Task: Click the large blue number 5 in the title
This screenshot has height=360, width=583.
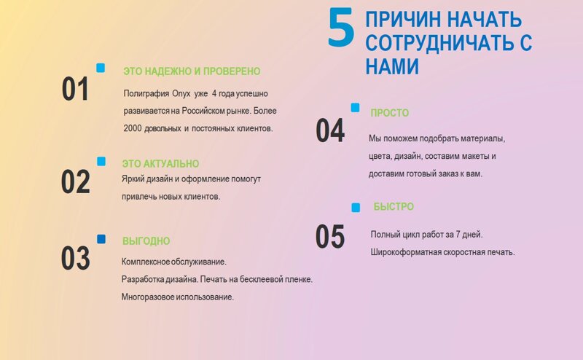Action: point(340,28)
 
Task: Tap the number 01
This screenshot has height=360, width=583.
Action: point(75,88)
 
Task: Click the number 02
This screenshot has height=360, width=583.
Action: point(76,181)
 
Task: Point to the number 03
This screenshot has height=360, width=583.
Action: point(76,258)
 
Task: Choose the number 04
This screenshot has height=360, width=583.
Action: point(330,130)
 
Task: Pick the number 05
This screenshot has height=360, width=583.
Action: point(330,237)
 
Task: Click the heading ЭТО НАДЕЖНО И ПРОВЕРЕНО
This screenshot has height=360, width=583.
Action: point(192,71)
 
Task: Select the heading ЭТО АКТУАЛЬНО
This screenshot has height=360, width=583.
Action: point(160,164)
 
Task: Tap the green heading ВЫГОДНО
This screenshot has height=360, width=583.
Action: point(146,241)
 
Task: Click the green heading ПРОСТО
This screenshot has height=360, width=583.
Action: point(390,113)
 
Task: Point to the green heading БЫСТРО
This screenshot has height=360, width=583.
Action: point(394,206)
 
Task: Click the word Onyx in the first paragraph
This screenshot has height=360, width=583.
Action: point(181,94)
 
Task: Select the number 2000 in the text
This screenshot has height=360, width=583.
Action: point(133,128)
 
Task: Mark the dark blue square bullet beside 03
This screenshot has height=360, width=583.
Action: point(101,239)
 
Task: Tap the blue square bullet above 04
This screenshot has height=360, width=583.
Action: point(356,107)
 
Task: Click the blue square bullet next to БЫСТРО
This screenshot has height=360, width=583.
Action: point(356,208)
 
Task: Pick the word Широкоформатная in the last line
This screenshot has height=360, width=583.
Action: point(403,252)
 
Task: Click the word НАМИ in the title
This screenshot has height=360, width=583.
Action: point(392,66)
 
